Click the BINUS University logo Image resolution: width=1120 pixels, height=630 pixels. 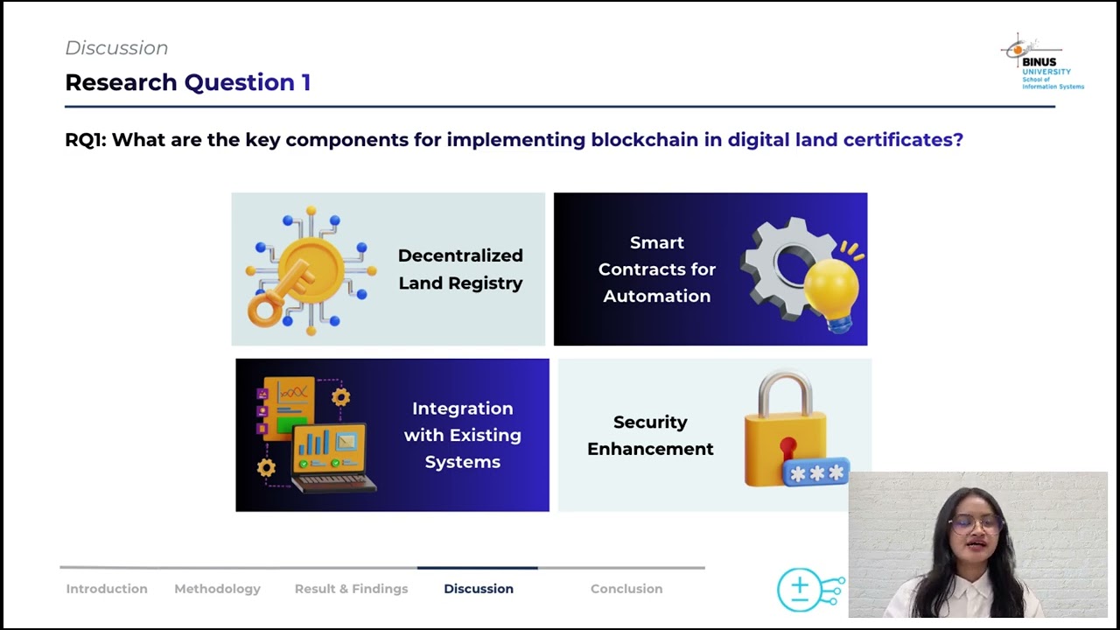[1042, 61]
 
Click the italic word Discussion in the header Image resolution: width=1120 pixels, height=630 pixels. [116, 48]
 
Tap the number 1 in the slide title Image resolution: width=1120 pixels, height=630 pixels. [306, 82]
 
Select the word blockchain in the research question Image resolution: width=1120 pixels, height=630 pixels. [645, 139]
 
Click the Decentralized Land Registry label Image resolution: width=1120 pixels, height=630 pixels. [460, 269]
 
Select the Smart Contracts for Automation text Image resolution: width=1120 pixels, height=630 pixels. [657, 269]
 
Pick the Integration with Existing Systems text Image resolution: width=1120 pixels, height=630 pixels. [463, 435]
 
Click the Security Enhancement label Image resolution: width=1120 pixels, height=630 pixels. [650, 435]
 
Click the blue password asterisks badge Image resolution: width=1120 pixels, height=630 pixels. [816, 472]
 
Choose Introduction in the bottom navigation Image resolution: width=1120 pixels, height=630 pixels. [107, 589]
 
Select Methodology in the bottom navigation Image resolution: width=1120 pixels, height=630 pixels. [218, 589]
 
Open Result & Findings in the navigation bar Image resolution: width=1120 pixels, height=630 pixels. [351, 589]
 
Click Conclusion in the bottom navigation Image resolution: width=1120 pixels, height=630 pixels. [626, 589]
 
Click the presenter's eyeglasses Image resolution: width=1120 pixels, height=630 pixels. [976, 524]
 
